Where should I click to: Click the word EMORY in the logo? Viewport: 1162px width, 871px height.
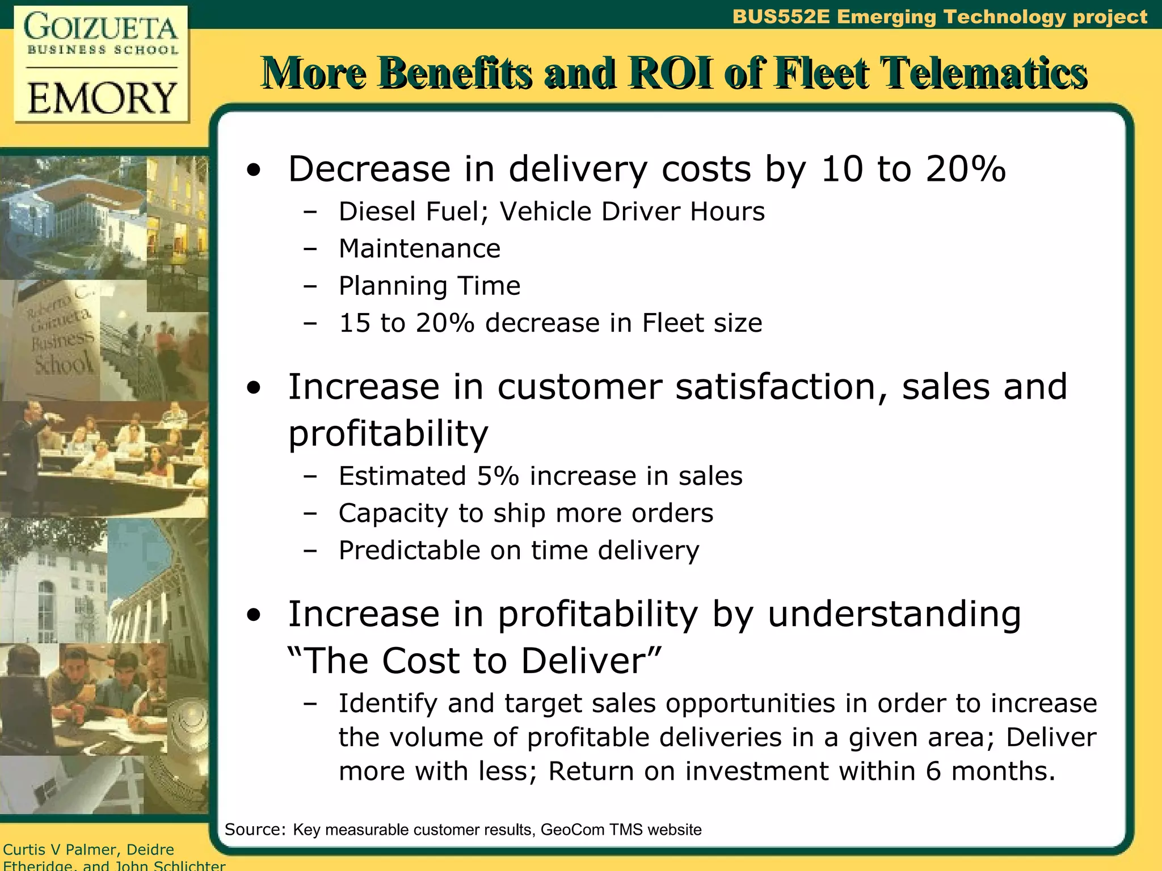coord(102,98)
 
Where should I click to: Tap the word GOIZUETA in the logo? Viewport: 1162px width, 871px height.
coord(101,27)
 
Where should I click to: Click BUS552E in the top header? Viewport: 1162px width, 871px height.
coord(781,16)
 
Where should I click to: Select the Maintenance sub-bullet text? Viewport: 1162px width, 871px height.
coord(419,248)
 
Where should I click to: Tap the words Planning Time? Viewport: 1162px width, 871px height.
coord(430,285)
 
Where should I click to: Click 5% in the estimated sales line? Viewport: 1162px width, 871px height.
coord(498,476)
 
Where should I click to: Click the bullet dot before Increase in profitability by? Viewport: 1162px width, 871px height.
coord(254,615)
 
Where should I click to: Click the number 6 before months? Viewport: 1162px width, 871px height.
coord(933,771)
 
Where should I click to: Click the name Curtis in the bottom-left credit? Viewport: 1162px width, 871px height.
coord(24,849)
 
